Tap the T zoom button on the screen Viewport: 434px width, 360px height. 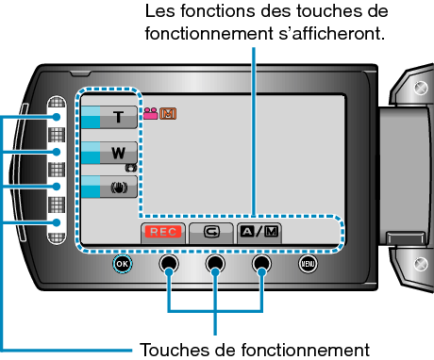tap(117, 117)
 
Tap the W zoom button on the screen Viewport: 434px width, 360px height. tap(117, 151)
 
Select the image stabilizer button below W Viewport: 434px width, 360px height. tap(117, 186)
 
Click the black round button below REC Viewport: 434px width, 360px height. tap(168, 265)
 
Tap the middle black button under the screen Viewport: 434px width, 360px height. tap(215, 265)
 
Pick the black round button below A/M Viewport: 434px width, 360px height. tap(262, 265)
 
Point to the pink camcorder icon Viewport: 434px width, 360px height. tap(150, 115)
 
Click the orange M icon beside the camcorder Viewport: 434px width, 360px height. tap(168, 115)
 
